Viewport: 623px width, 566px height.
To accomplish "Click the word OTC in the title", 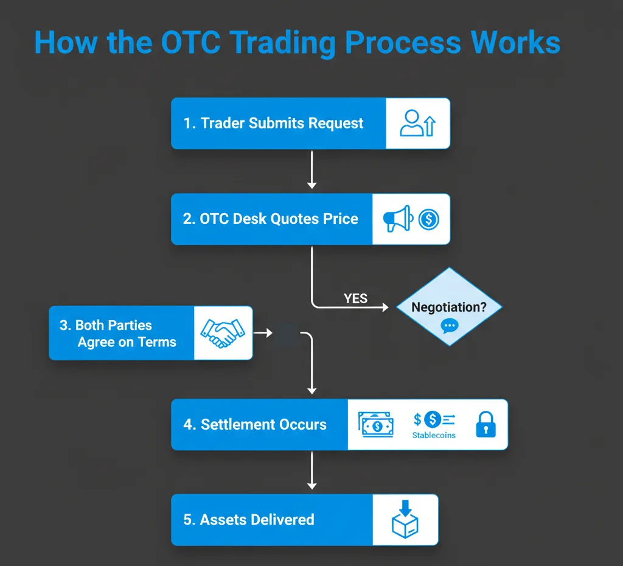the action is (x=190, y=42).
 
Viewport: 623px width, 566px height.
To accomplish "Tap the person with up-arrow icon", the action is (x=417, y=124).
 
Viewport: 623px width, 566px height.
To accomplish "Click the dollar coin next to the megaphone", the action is (x=429, y=219).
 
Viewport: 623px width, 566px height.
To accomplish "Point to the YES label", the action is (x=355, y=298).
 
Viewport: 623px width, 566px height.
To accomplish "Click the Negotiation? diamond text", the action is (x=449, y=307).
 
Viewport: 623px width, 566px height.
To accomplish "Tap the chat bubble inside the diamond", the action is (x=450, y=326).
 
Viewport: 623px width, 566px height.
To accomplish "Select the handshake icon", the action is (x=223, y=333).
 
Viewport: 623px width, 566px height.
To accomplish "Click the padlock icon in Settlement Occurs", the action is (x=486, y=425).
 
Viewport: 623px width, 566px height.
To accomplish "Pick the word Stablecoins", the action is (x=434, y=435).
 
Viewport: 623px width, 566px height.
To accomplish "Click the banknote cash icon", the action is (x=376, y=425).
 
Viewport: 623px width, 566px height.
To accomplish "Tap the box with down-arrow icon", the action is (x=405, y=519).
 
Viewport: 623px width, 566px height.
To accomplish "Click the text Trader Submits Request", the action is (x=282, y=123).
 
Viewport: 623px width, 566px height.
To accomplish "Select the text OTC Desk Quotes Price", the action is (x=279, y=219).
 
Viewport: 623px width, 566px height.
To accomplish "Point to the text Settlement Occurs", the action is (x=264, y=425).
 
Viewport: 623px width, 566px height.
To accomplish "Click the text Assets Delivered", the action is (x=257, y=520).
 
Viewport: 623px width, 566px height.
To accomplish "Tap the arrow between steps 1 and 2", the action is (x=312, y=170).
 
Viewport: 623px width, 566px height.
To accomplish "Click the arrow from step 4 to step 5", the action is (x=312, y=470).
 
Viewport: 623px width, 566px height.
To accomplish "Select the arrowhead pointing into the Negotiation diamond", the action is (x=385, y=307).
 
